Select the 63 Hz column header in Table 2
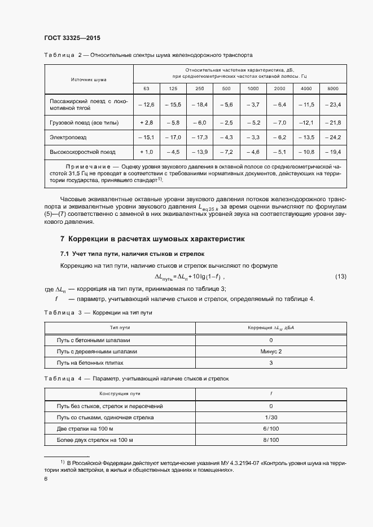click(x=146, y=89)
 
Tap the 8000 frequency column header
click(x=333, y=89)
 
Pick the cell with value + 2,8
click(x=146, y=122)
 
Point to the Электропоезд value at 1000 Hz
click(x=253, y=137)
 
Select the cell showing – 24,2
click(x=333, y=137)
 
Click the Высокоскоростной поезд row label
click(x=82, y=152)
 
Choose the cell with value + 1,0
click(x=146, y=152)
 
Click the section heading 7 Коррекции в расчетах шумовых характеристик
click(x=152, y=239)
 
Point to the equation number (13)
click(x=341, y=277)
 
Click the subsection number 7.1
click(x=65, y=254)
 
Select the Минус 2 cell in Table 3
click(x=271, y=351)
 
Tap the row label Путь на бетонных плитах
click(x=90, y=362)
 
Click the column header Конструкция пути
click(x=120, y=393)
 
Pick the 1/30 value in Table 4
click(x=271, y=417)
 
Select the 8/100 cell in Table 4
click(x=271, y=440)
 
